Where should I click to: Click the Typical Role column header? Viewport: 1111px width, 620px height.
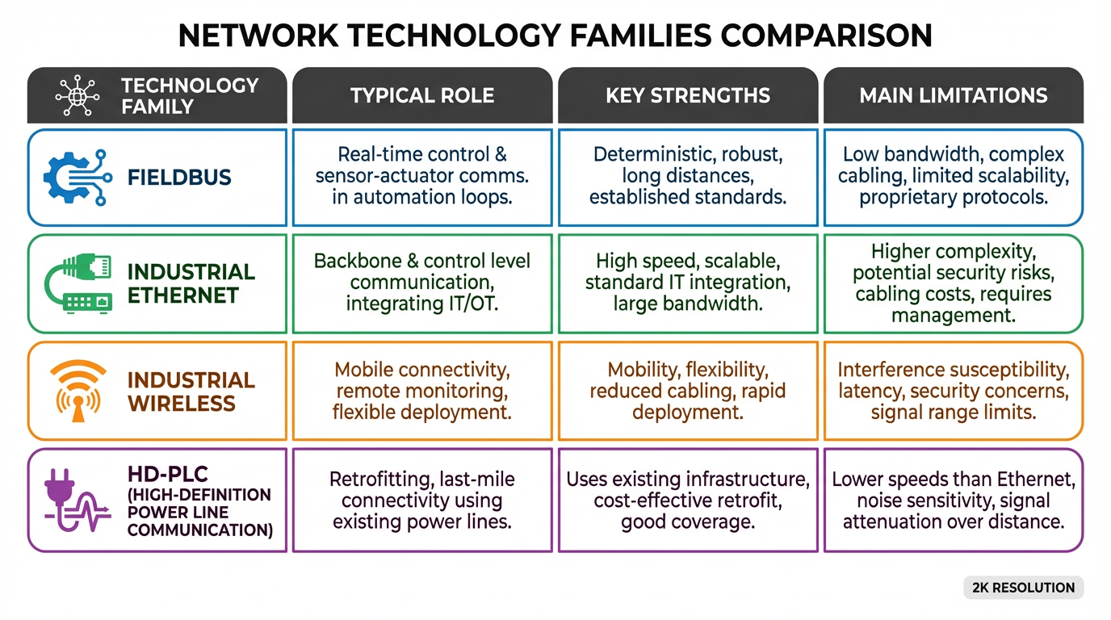pyautogui.click(x=421, y=95)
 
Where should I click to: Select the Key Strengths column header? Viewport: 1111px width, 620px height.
pyautogui.click(x=687, y=95)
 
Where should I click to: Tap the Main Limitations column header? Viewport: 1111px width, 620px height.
pyautogui.click(x=953, y=95)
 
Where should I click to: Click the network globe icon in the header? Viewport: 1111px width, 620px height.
pyautogui.click(x=78, y=96)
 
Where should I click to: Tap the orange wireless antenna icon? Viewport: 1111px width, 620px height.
pyautogui.click(x=78, y=392)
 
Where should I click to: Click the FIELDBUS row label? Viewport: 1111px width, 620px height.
pyautogui.click(x=179, y=177)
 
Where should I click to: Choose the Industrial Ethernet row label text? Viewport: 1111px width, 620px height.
pyautogui.click(x=191, y=283)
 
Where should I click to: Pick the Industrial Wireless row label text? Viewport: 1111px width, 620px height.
pyautogui.click(x=191, y=392)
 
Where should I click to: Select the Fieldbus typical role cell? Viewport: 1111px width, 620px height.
pyautogui.click(x=421, y=176)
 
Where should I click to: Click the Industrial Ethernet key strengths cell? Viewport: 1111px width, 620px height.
pyautogui.click(x=687, y=283)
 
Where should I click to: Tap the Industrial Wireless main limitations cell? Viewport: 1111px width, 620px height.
pyautogui.click(x=953, y=392)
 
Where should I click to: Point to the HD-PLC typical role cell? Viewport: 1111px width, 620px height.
pyautogui.click(x=421, y=501)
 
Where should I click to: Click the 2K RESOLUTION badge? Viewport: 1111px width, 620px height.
pyautogui.click(x=1023, y=588)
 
